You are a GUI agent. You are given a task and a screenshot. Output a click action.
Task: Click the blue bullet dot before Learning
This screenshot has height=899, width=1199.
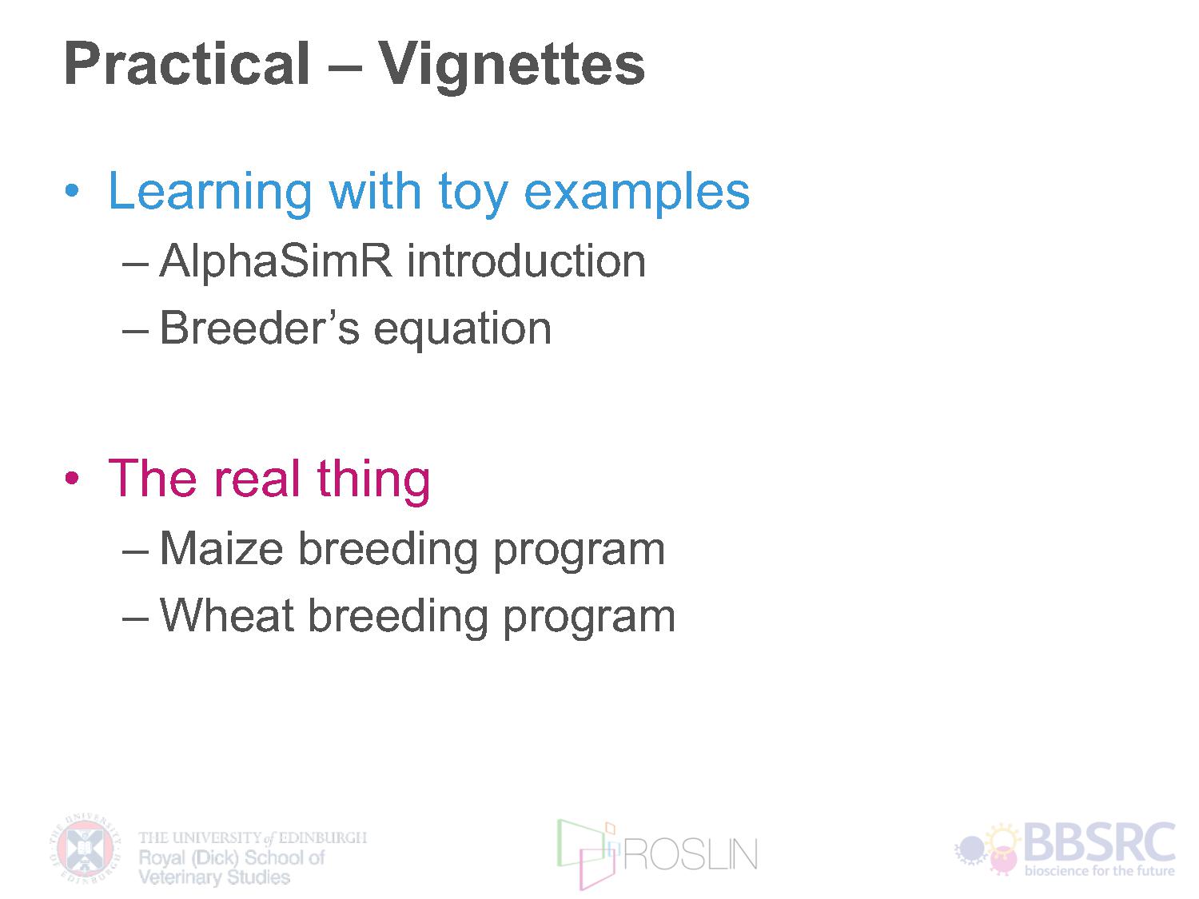point(72,190)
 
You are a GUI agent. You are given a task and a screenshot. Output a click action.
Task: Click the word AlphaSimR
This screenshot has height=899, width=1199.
point(276,263)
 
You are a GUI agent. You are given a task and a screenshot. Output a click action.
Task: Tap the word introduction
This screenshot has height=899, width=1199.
point(526,261)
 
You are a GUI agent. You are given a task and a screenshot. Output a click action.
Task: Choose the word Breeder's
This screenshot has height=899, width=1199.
point(260,328)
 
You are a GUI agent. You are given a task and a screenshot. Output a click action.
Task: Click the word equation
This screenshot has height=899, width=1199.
point(463,332)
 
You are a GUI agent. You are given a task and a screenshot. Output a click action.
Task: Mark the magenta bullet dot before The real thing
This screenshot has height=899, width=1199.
point(72,478)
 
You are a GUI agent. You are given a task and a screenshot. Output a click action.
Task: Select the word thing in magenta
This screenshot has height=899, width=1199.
point(373,481)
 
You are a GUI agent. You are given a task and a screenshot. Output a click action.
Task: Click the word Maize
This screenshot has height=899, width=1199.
point(221,548)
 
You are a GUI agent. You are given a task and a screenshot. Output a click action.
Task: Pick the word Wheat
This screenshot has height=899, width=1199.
point(227,615)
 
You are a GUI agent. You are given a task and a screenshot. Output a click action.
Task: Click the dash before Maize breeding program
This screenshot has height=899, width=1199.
point(135,552)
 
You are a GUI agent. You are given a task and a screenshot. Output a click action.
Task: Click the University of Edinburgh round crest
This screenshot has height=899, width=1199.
point(86,849)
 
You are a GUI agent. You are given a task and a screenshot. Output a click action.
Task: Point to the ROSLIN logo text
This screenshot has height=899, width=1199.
point(690,854)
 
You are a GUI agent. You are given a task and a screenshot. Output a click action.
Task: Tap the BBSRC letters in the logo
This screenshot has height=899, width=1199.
point(1099,841)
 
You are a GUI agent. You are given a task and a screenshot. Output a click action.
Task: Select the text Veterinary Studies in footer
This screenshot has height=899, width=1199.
point(214,877)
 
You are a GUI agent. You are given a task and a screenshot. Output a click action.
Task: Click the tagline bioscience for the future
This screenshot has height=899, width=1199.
point(1100,870)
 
